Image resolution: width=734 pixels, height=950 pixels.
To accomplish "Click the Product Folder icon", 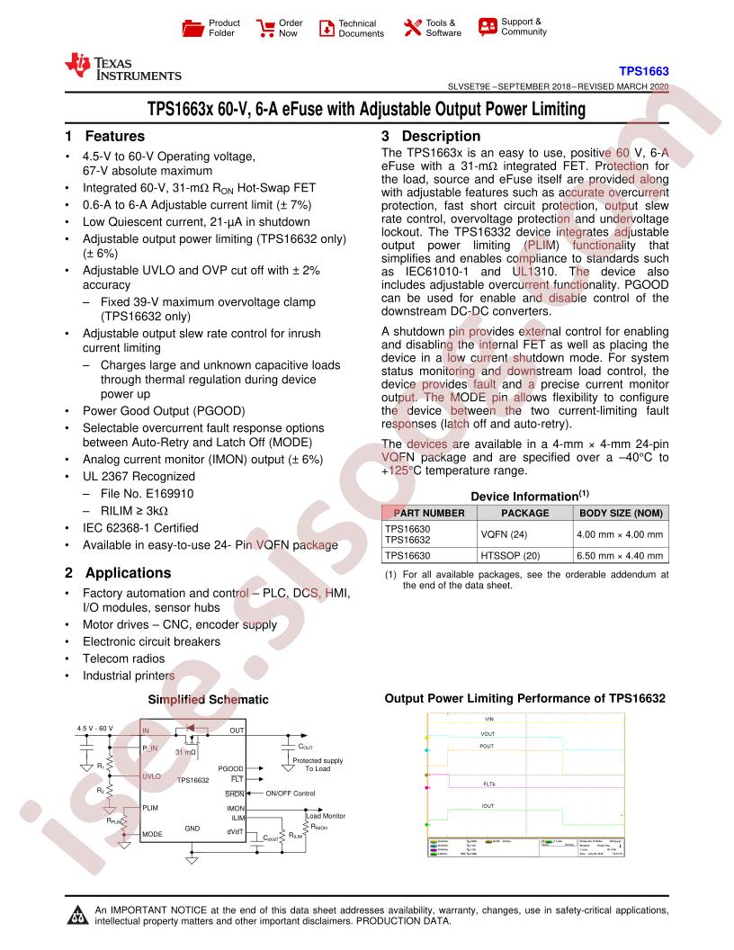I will click(193, 28).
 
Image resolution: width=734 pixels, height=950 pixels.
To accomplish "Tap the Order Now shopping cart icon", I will click(266, 28).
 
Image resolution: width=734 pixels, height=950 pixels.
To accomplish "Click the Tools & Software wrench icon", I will click(413, 28).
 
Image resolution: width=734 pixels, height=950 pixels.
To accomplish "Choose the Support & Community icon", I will click(488, 26).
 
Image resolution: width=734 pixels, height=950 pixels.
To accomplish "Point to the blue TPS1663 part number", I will click(643, 70).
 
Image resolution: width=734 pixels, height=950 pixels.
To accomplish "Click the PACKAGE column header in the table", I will click(524, 513).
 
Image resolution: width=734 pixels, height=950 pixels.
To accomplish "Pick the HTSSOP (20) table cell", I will click(524, 556).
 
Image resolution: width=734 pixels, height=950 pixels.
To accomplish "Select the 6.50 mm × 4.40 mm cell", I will click(621, 556).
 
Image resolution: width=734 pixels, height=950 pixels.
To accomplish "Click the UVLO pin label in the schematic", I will click(151, 775).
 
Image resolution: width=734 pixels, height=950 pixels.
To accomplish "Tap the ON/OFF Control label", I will click(291, 793).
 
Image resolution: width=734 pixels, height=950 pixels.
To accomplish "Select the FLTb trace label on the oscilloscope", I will click(489, 784).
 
